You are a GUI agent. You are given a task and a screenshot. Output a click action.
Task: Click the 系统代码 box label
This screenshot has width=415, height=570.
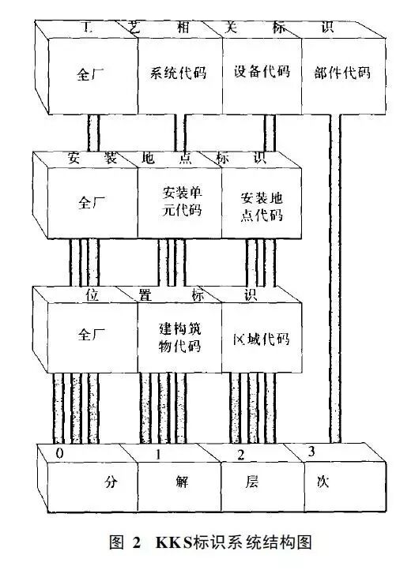click(x=179, y=73)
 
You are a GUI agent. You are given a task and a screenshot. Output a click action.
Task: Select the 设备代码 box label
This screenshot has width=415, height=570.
click(x=262, y=71)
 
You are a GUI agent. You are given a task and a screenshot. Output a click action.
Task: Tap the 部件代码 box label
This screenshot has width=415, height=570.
click(x=342, y=73)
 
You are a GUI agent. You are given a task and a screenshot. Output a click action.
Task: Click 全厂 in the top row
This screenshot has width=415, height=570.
click(x=90, y=74)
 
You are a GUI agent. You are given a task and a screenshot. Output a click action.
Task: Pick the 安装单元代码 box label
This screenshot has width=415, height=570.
click(x=182, y=201)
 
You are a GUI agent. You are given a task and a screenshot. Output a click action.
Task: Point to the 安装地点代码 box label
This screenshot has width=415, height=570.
click(x=262, y=207)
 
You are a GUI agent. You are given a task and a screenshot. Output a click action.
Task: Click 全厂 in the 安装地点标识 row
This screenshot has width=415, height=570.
click(x=92, y=202)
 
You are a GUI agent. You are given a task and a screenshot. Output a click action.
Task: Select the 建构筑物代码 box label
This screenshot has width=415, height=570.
click(x=180, y=337)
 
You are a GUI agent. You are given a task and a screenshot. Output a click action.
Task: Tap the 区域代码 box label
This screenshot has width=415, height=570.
click(x=262, y=339)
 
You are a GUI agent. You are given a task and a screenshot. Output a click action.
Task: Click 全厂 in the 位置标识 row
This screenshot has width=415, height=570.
click(x=92, y=334)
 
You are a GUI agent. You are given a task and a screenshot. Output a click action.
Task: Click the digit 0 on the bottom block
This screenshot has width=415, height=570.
click(x=60, y=453)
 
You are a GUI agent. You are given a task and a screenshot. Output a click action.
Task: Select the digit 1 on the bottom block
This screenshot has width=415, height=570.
click(x=158, y=455)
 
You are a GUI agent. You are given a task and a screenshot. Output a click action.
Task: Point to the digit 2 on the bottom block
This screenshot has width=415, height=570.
click(x=240, y=455)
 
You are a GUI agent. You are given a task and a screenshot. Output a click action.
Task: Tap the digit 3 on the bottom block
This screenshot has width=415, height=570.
click(x=311, y=452)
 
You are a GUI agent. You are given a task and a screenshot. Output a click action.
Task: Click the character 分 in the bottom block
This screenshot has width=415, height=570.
click(x=111, y=482)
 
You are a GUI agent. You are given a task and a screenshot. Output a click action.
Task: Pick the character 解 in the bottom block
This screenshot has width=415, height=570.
click(x=182, y=482)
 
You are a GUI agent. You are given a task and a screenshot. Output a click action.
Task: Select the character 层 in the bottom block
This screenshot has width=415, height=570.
click(x=251, y=482)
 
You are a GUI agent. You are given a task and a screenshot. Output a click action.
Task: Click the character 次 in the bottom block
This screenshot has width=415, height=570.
click(x=323, y=482)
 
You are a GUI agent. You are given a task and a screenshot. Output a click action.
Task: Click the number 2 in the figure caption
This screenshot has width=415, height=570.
click(x=137, y=542)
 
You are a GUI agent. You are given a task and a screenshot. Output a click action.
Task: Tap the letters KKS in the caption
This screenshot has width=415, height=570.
click(x=174, y=542)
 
